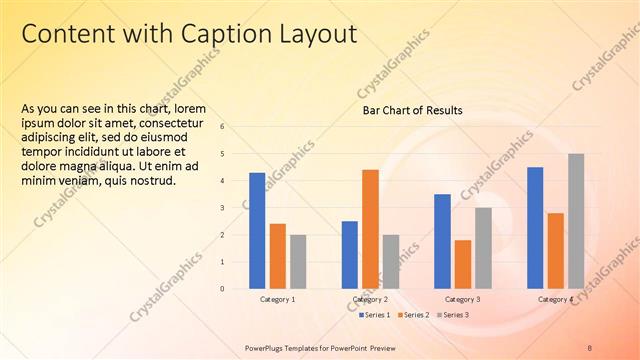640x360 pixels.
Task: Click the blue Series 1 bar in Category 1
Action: tap(257, 231)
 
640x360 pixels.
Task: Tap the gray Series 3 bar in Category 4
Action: tap(576, 221)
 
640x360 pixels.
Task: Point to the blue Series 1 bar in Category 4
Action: tap(535, 228)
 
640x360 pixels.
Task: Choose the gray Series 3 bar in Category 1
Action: tap(298, 262)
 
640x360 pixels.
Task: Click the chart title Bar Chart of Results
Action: tap(412, 110)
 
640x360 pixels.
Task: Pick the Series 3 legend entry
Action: tap(453, 315)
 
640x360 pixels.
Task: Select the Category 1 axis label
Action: tap(277, 299)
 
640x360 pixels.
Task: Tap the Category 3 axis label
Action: tap(462, 299)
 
